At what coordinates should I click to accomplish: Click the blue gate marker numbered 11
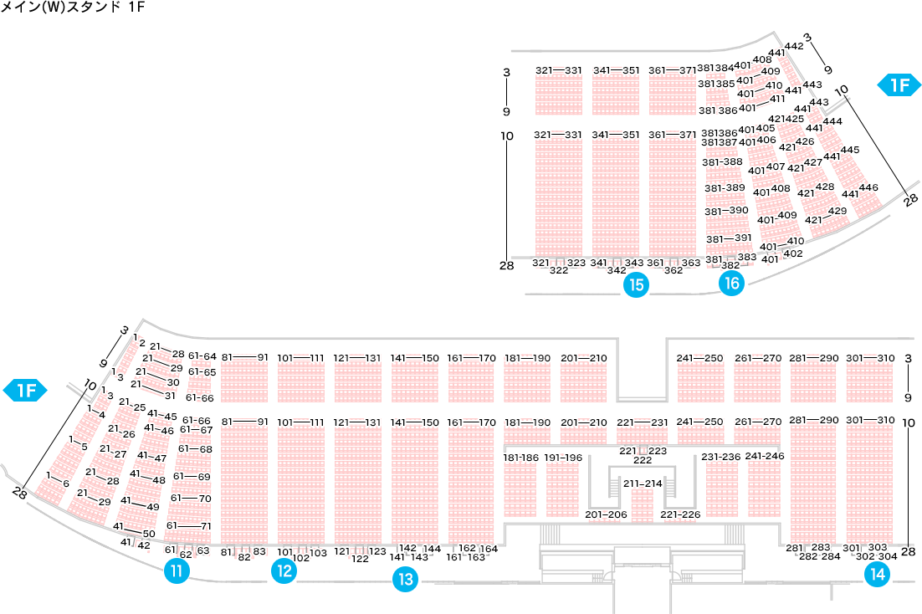tap(177, 571)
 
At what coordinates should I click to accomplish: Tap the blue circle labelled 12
tap(284, 571)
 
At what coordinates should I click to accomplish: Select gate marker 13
tap(405, 579)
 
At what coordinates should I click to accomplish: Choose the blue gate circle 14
tap(878, 574)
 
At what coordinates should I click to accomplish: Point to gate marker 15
tap(637, 285)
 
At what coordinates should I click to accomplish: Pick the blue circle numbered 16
tap(732, 284)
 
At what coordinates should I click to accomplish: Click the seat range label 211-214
tap(642, 484)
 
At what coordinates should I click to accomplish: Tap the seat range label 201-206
tap(606, 514)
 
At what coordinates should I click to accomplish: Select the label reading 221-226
tap(680, 514)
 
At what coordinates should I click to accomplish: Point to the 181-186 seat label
tap(521, 458)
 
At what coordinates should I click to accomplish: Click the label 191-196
tap(563, 458)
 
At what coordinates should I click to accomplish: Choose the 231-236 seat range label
tap(720, 457)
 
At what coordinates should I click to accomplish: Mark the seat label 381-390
tap(725, 211)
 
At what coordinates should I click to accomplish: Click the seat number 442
tap(794, 46)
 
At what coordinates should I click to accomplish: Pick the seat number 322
tap(559, 270)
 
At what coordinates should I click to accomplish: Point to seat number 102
tap(301, 558)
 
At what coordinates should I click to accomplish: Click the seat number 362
tap(674, 270)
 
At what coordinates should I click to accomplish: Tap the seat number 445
tap(850, 150)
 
